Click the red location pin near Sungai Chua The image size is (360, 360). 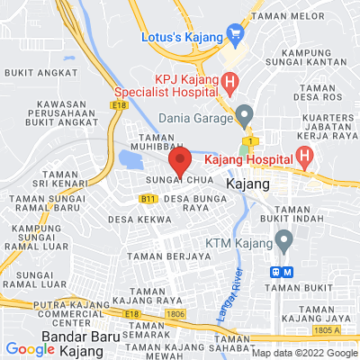[x=181, y=164]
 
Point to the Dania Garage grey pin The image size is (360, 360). [x=244, y=115]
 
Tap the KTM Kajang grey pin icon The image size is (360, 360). [x=284, y=241]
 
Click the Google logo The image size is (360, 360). [x=30, y=349]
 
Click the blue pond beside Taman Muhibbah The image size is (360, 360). [x=132, y=160]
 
